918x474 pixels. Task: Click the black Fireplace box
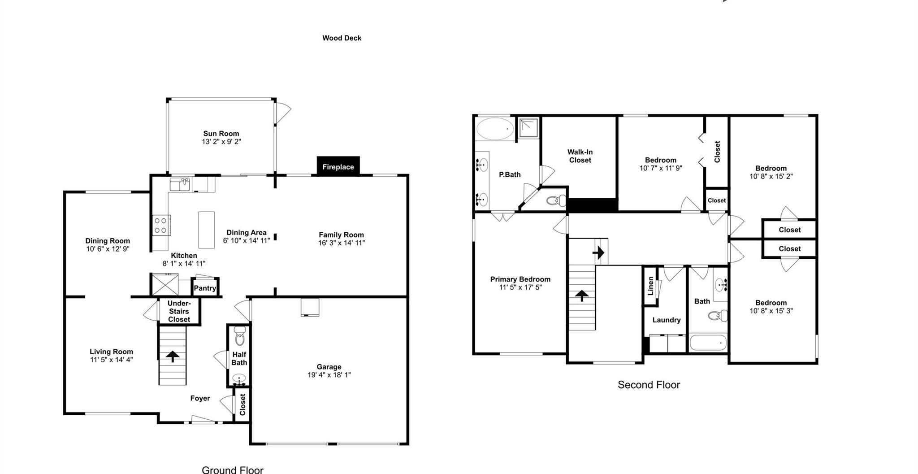tap(338, 166)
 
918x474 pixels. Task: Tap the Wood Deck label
tap(342, 38)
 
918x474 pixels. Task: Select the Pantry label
tap(205, 288)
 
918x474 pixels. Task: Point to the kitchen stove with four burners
tap(160, 225)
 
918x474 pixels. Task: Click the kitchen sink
tap(180, 184)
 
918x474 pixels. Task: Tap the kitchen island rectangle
tap(207, 230)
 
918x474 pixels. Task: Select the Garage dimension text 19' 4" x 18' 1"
tap(329, 375)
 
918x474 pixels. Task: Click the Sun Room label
tap(221, 133)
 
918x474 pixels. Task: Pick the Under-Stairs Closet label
tap(179, 311)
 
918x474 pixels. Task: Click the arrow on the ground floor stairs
tap(172, 356)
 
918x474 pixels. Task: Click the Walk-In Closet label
tap(580, 156)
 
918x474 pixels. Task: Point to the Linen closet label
tap(650, 286)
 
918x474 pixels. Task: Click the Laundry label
tap(666, 320)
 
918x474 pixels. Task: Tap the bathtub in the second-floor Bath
tap(708, 344)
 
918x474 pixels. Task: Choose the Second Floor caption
tap(649, 385)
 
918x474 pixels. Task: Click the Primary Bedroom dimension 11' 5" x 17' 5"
tap(520, 287)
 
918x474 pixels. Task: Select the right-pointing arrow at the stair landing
tap(598, 252)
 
